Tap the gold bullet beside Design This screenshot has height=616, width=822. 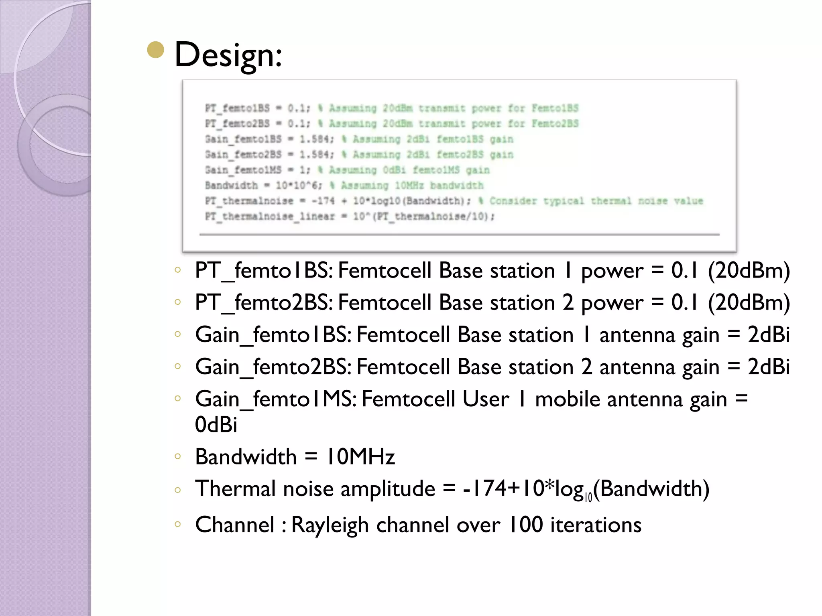156,50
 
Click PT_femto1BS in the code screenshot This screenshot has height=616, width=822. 237,108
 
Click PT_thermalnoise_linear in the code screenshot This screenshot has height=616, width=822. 270,217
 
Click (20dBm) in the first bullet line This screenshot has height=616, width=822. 749,271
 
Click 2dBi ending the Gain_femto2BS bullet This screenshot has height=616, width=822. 768,367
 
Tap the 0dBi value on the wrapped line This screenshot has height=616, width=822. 216,425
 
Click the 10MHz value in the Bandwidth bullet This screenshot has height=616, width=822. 360,457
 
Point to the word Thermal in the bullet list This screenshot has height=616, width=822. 236,489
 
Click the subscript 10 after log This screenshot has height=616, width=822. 588,498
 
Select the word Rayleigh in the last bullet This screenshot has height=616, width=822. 330,525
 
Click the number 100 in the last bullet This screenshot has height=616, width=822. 525,525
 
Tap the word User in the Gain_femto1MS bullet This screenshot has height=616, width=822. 485,399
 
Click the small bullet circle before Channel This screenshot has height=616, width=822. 178,524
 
